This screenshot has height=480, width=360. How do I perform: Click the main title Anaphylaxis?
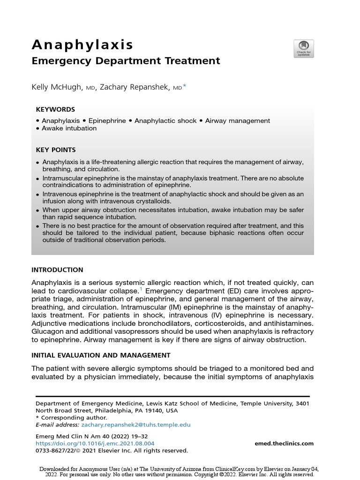pos(82,45)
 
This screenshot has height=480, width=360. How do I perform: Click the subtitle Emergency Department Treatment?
pos(125,61)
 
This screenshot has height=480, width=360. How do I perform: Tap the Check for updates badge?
pos(303,49)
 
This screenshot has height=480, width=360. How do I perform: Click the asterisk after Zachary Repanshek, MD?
pos(185,86)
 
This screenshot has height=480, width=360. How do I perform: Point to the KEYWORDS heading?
pos(55,109)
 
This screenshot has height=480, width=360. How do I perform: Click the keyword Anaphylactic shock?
pos(165,121)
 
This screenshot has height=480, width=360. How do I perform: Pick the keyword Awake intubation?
pos(69,128)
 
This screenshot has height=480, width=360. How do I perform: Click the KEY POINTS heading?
pos(55,150)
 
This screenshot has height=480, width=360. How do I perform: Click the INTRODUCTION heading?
pos(57,270)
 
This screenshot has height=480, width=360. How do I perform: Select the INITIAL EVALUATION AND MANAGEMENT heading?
pos(101,355)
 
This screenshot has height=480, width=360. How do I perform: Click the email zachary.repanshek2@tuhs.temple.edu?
pos(136,425)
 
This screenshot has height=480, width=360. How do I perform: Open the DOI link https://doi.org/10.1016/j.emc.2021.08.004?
pos(95,443)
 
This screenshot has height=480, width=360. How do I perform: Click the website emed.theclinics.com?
pos(284,443)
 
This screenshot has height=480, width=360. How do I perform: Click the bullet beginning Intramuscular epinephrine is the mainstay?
pos(173,182)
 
